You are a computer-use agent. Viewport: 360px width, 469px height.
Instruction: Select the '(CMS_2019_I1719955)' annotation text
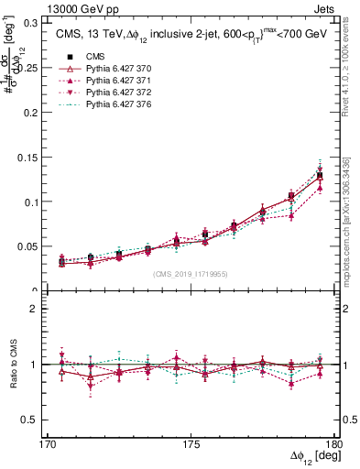pos(191,273)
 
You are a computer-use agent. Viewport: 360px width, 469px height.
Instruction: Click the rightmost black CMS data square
pos(320,175)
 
